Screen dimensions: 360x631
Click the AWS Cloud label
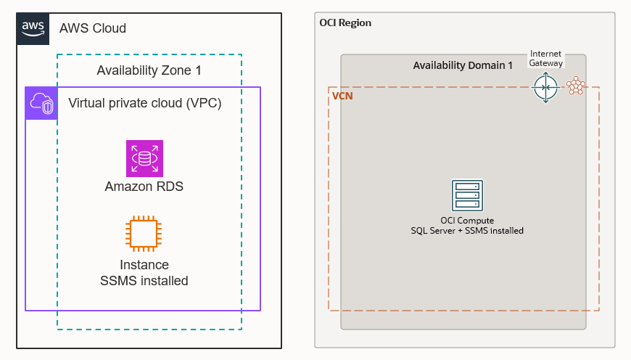(93, 28)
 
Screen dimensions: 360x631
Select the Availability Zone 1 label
(149, 70)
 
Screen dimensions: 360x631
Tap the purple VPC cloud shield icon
(41, 103)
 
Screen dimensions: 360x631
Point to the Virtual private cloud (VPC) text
(144, 103)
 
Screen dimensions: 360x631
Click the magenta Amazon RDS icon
(144, 158)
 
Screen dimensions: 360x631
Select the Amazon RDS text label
(144, 187)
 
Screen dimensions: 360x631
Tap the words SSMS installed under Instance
(144, 281)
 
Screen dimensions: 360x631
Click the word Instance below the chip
(144, 265)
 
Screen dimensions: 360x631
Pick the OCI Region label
(345, 22)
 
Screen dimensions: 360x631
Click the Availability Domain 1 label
(463, 65)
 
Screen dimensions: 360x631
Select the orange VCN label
(342, 96)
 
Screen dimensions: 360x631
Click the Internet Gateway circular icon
(545, 88)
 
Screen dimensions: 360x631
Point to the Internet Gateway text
(545, 59)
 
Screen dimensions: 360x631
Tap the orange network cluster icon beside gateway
(576, 86)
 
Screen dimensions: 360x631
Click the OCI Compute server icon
(467, 195)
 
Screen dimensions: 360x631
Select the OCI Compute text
(467, 220)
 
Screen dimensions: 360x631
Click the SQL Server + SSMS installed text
(467, 230)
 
